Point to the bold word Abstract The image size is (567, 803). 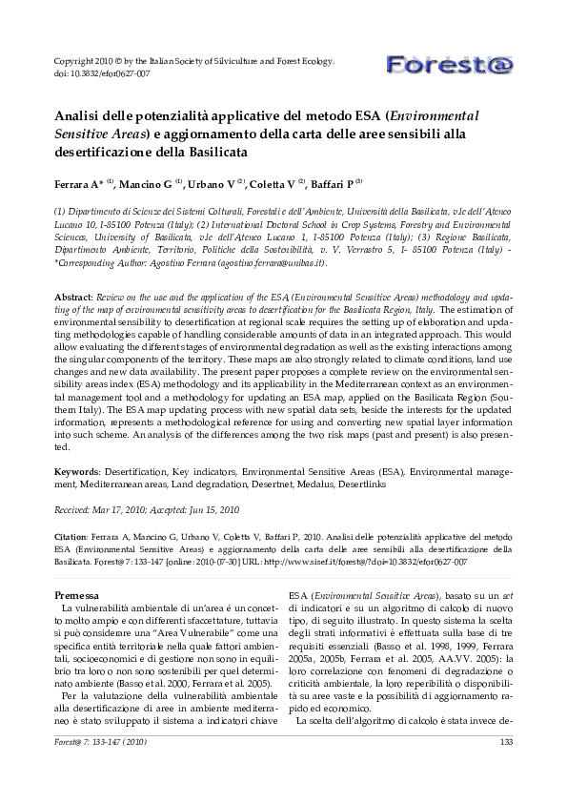(x=72, y=297)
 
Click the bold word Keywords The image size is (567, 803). (x=76, y=471)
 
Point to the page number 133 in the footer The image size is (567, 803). (x=505, y=743)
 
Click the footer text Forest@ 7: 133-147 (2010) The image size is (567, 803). (x=99, y=743)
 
